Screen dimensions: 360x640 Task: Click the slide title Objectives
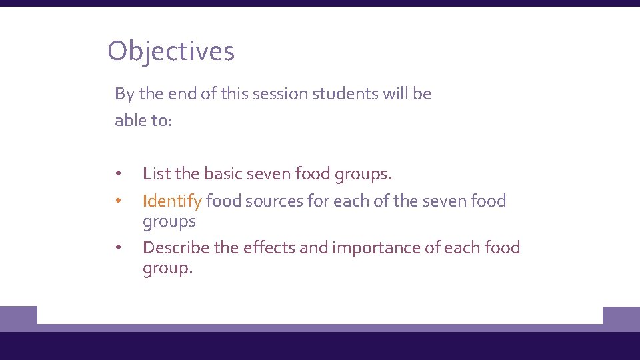tap(171, 51)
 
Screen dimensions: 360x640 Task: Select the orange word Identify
tap(172, 201)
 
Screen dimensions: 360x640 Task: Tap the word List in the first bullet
tap(156, 174)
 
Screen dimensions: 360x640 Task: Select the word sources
tap(275, 201)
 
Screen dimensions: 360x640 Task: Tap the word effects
tap(268, 247)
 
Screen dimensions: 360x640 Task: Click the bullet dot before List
tap(117, 175)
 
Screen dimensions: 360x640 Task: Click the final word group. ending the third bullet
tap(167, 269)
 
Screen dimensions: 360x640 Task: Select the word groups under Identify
tap(169, 222)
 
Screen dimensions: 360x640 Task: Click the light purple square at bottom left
tap(18, 319)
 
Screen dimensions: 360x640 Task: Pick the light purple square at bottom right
tap(621, 319)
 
